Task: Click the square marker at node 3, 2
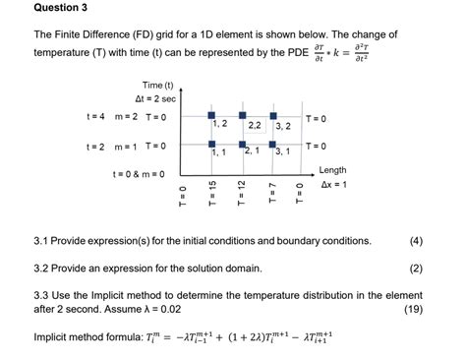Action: (271, 116)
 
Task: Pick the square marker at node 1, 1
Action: (211, 145)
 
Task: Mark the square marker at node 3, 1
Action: (271, 145)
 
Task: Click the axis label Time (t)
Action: (157, 86)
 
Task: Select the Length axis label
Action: (332, 170)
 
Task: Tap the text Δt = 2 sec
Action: (155, 99)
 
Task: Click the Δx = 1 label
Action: (331, 185)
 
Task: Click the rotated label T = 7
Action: (271, 192)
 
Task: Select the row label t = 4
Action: (95, 117)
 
